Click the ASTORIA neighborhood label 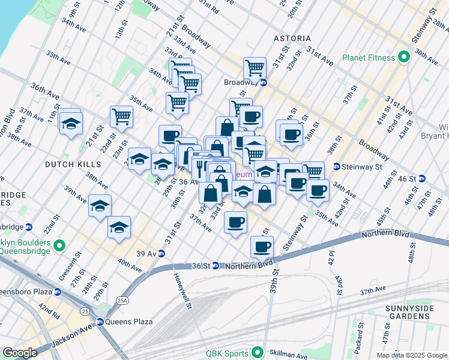coord(292,38)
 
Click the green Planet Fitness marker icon coord(403,58)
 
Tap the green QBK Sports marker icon coord(259,352)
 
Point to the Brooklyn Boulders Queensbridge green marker coord(59,245)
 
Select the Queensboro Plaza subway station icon coord(57,292)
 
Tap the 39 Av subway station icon coord(161,253)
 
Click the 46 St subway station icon coord(421,178)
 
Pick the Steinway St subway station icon coord(337,166)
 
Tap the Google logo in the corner coord(20,353)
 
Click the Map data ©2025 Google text coord(412,355)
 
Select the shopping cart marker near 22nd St coord(121,116)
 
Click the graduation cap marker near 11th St coord(71,124)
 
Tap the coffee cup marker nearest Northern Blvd coord(261,246)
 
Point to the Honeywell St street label coord(182,292)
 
